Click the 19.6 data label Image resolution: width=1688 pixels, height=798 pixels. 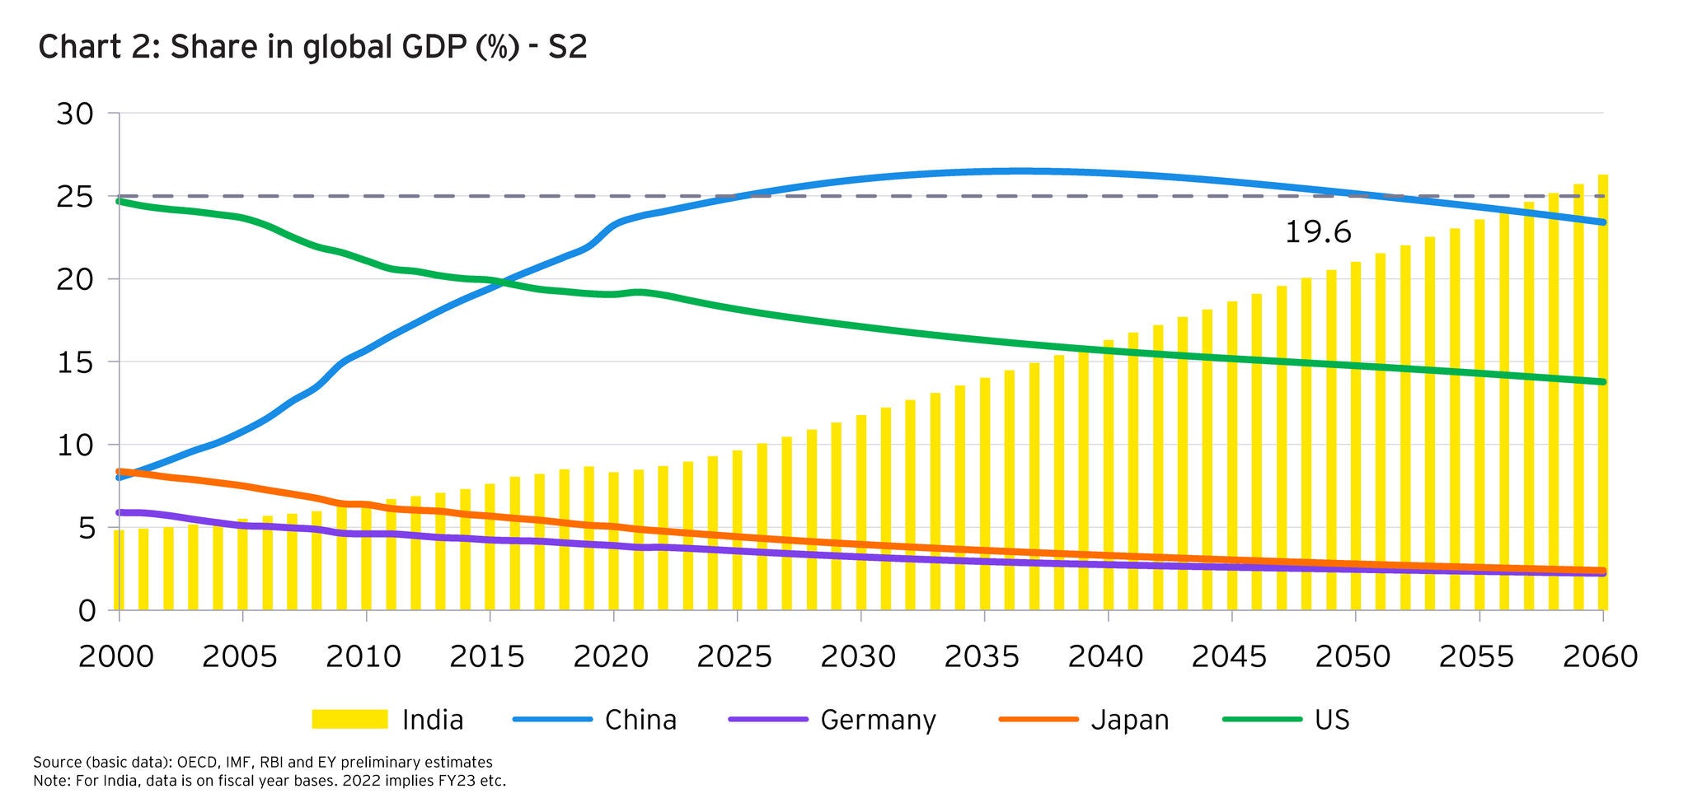coord(1318,233)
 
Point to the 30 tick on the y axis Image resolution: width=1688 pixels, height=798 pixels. coord(75,114)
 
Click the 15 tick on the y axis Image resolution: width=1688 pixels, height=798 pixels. coord(75,362)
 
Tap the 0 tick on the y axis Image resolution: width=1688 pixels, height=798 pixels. coord(87,611)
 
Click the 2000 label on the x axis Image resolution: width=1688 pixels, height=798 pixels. coord(116,657)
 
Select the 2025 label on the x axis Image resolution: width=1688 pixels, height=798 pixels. coord(734,657)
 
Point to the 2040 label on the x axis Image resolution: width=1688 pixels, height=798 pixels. coord(1105,657)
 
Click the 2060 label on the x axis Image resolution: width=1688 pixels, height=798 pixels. coord(1600,657)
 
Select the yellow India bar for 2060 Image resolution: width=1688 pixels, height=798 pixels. coord(1603,395)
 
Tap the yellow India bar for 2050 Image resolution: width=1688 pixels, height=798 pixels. coord(1356,436)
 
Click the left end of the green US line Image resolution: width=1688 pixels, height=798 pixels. coord(120,201)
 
